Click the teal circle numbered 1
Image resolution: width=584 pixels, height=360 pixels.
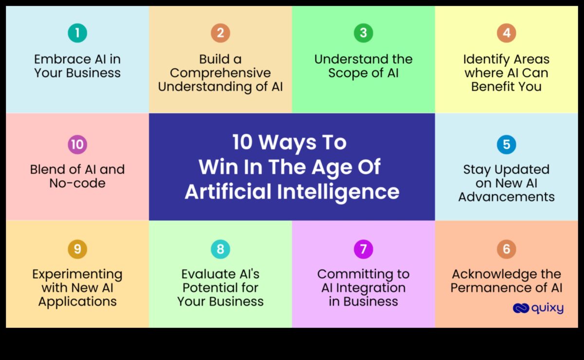click(x=77, y=33)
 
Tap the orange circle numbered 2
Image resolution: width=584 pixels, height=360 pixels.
click(x=220, y=33)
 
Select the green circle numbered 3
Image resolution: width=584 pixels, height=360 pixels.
click(x=364, y=33)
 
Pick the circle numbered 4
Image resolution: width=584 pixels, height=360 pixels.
click(x=506, y=33)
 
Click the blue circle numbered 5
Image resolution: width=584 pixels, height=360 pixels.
click(x=506, y=144)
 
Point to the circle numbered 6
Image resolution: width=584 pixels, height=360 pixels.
click(x=506, y=249)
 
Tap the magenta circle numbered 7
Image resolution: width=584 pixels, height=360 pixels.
click(x=364, y=249)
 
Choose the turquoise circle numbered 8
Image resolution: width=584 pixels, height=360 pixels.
click(x=220, y=249)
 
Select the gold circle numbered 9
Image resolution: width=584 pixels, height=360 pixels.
click(x=77, y=249)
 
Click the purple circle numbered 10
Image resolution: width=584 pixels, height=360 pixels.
click(x=77, y=144)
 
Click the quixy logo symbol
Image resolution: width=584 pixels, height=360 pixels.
click(x=521, y=308)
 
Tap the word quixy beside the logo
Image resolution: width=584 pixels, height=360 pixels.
click(x=547, y=308)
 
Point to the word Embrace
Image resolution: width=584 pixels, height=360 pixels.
click(x=63, y=59)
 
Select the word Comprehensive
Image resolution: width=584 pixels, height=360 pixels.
click(x=220, y=73)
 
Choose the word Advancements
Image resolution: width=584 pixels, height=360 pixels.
click(x=506, y=197)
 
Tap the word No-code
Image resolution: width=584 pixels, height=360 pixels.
click(x=77, y=183)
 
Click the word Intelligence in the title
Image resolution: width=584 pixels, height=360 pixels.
click(x=338, y=192)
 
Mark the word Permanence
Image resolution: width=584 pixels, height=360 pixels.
click(x=493, y=288)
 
